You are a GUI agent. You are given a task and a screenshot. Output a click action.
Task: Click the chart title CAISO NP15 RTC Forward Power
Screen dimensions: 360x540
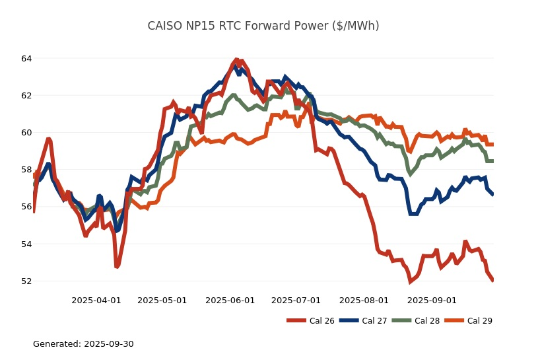[x=263, y=26]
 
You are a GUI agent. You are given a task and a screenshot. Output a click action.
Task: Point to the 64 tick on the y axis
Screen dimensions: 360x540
[x=26, y=59]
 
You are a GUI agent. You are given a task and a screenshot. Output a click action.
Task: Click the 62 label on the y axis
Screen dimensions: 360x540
[x=26, y=96]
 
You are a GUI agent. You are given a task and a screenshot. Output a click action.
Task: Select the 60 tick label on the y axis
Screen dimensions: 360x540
[x=26, y=133]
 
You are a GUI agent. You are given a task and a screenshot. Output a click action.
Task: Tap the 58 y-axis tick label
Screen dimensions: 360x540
[x=26, y=170]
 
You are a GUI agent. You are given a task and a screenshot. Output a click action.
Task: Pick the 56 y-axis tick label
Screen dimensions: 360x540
[x=26, y=207]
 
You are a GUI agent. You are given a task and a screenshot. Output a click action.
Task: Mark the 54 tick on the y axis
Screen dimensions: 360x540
[x=26, y=244]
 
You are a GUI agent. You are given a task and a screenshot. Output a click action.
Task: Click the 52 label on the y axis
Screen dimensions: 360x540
[x=26, y=281]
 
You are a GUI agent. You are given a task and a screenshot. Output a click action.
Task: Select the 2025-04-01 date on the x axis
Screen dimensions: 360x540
[x=96, y=301]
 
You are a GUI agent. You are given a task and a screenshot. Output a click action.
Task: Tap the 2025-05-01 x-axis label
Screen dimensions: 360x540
[x=162, y=301]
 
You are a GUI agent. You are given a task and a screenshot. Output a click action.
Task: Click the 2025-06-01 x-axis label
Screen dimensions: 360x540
[x=230, y=301]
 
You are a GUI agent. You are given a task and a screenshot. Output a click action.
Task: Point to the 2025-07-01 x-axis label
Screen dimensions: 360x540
[x=296, y=301]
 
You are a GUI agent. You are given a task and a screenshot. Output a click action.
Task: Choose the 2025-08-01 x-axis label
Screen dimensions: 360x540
[x=364, y=301]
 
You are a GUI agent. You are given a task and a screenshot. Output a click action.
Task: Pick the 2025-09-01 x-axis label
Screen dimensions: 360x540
[x=432, y=301]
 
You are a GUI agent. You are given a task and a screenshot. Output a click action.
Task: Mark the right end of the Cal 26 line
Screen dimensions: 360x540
[x=493, y=281]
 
